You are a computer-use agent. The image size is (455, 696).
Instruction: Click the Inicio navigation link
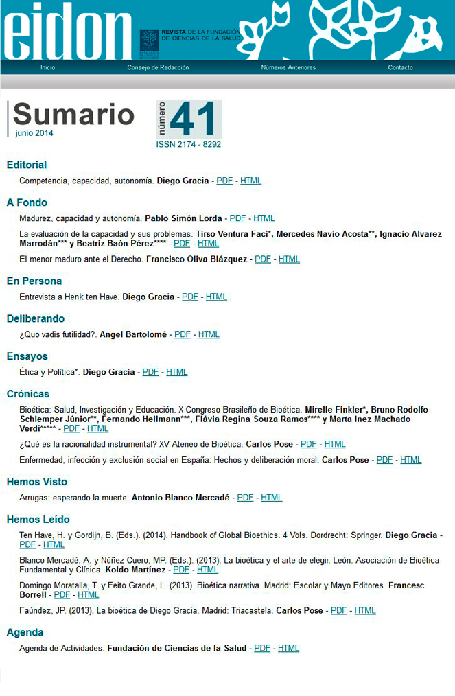pos(47,67)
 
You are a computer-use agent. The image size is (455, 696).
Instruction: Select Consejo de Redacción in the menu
pos(158,67)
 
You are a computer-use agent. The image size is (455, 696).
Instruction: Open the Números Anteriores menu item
pos(288,67)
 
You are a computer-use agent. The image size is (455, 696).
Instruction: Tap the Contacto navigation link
pos(400,67)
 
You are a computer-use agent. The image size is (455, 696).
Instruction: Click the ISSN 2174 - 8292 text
pos(188,145)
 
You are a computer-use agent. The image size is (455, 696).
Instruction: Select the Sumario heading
pos(73,114)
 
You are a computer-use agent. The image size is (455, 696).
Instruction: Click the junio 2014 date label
pos(34,133)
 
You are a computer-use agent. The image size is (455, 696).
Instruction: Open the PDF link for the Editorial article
pos(224,181)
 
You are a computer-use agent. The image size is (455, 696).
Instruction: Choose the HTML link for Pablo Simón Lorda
pos(264,218)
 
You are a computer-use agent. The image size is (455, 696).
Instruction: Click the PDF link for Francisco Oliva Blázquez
pos(263,259)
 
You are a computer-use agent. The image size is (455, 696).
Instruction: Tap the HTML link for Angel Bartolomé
pos(209,334)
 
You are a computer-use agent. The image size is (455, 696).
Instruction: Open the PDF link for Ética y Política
pos(150,372)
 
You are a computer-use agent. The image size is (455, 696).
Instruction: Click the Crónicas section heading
pos(28,394)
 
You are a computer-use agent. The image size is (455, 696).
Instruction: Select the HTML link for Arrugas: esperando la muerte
pos(272,498)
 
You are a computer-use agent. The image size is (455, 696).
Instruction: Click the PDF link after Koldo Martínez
pos(181,570)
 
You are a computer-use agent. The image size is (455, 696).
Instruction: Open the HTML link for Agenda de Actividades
pos(288,648)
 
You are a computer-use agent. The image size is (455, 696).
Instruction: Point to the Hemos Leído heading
pos(38,520)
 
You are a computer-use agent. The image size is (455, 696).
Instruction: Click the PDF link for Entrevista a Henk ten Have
pos(190,297)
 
